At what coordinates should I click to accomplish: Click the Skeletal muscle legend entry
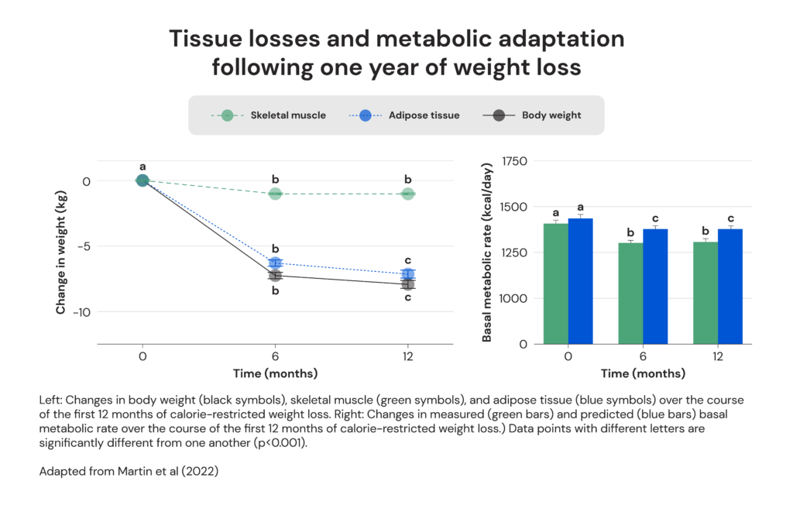coord(269,115)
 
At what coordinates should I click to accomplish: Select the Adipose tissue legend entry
coord(402,115)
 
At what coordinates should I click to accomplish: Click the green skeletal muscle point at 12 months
coord(407,194)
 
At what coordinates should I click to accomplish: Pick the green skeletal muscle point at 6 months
coord(275,194)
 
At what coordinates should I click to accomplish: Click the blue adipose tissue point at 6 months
coord(275,263)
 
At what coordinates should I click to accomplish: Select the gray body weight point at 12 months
coord(407,284)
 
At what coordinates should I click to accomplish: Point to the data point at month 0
coord(142,180)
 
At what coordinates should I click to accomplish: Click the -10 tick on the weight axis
coord(81,312)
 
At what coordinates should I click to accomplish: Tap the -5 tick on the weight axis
coord(83,246)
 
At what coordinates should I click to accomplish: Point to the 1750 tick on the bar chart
coord(514,161)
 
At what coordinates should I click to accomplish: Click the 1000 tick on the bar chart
coord(514,298)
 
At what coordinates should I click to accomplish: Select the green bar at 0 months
coord(555,283)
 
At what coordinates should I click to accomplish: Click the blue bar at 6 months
coord(655,287)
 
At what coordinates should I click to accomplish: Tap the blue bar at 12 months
coord(730,287)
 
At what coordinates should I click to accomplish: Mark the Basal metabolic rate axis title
coord(487,252)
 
